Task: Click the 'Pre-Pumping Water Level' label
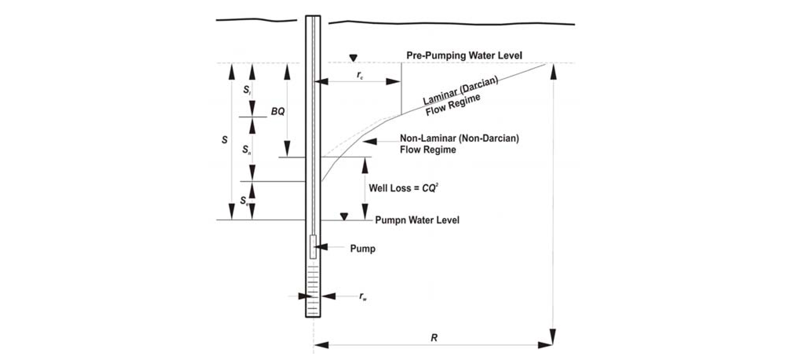[x=464, y=55]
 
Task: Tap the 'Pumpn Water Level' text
[x=417, y=220]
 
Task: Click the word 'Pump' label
[x=363, y=249]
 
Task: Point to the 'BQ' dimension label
[x=278, y=111]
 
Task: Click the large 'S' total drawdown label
[x=224, y=140]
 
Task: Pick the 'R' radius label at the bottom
[x=434, y=338]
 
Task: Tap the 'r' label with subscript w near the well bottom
[x=363, y=296]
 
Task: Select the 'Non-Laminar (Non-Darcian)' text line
[x=459, y=138]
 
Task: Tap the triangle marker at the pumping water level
[x=344, y=216]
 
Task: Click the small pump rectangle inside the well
[x=313, y=247]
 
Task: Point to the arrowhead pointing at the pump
[x=321, y=247]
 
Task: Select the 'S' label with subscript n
[x=246, y=149]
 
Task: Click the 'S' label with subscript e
[x=244, y=201]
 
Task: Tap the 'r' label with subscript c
[x=360, y=76]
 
